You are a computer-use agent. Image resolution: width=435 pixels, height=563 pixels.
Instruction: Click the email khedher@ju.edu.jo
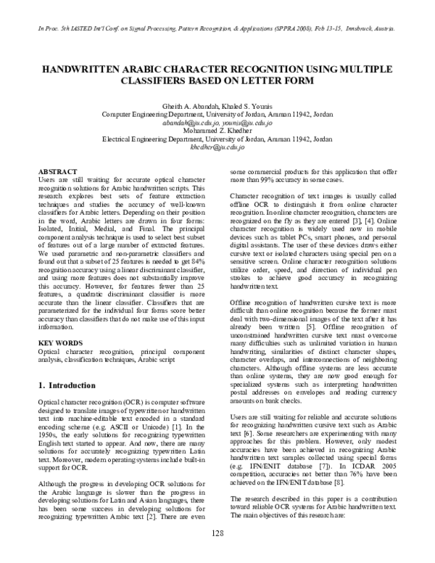click(217, 147)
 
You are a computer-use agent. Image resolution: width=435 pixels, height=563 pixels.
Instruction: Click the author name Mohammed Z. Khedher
click(217, 131)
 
